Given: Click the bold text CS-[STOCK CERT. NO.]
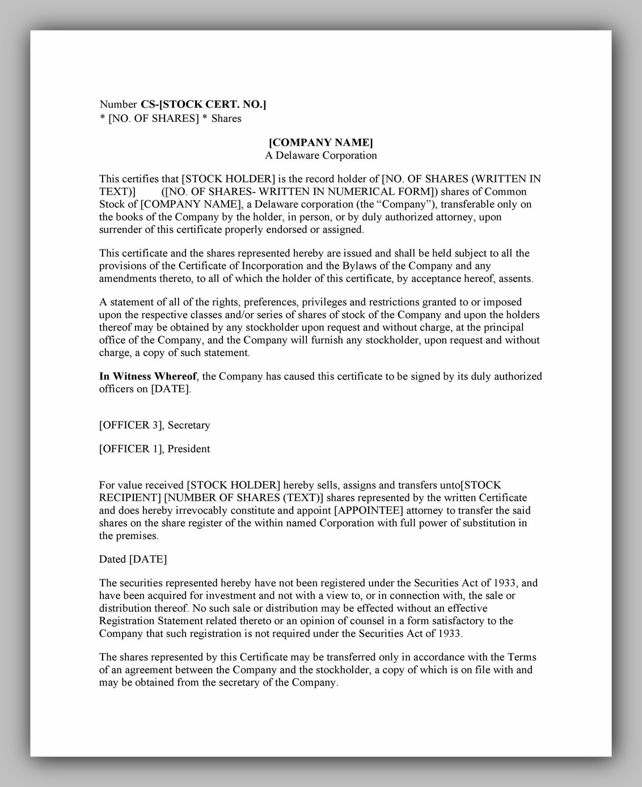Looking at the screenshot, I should point(204,104).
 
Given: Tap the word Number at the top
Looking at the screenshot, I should point(118,104).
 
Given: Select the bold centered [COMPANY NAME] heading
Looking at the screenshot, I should point(320,142).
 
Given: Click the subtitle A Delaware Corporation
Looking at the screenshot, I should point(320,155).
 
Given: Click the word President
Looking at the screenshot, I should point(189,449).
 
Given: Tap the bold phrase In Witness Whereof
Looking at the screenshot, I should point(147,376).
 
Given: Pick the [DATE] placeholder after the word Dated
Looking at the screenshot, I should point(148,560).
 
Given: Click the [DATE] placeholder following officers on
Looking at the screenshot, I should point(171,390).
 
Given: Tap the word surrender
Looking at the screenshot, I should point(120,230).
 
